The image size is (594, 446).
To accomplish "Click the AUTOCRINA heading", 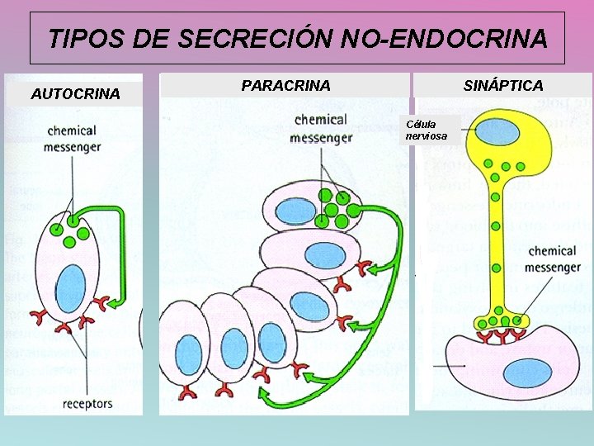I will pos(75,94).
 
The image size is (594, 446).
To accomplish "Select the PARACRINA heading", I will pos(285,85).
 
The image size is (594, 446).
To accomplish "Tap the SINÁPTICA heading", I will pos(503,85).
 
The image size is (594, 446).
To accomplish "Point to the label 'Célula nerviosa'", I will pos(426,130).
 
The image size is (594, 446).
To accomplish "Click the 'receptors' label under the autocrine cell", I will pos(87,404).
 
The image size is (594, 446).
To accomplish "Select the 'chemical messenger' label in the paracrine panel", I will pos(321,129).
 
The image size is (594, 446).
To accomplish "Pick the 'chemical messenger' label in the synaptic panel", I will pos(553,259).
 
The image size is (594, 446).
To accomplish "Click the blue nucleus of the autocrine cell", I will pos(70,287).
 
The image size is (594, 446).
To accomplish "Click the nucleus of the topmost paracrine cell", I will pos(295,211).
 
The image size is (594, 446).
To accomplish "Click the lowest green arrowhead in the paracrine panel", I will pos(266,400).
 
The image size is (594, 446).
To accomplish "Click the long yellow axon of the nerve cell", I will pos(497,248).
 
